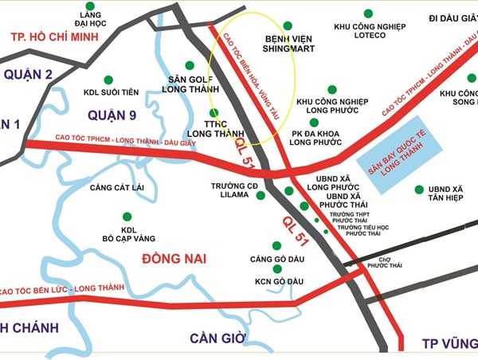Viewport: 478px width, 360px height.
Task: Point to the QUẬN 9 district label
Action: coord(112,115)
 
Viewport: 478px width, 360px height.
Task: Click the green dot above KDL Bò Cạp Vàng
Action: coord(125,216)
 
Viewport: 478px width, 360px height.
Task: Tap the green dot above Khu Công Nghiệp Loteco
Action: coord(367,13)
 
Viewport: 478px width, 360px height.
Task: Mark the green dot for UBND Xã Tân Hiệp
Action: coord(419,189)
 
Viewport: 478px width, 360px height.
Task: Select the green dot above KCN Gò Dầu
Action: coord(277,269)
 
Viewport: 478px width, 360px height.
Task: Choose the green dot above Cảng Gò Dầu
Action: coord(277,246)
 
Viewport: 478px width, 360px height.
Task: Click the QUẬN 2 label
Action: coord(27,75)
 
